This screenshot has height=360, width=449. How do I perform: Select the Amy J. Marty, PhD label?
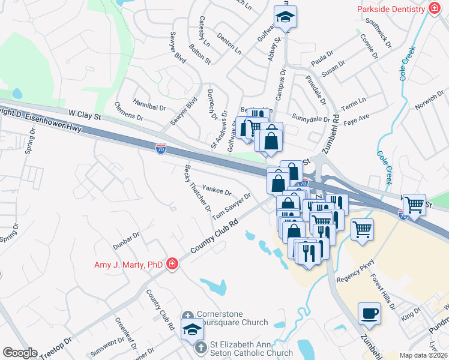[x=128, y=265]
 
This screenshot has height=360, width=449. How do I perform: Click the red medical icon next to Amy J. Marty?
[x=172, y=264]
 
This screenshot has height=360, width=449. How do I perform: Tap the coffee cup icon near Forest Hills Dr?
[x=369, y=313]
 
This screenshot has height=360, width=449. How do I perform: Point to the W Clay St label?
[x=84, y=113]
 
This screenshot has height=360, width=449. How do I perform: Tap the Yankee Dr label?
[x=217, y=191]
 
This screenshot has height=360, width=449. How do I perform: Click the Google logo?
[x=20, y=353]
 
